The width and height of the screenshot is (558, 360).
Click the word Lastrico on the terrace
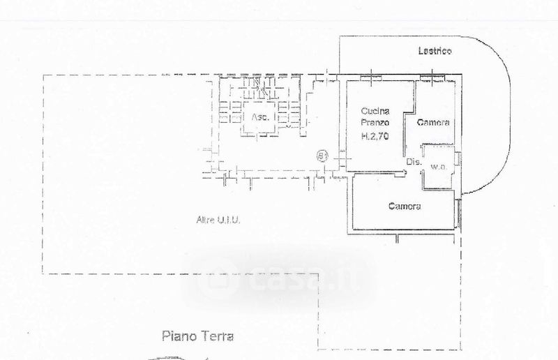coord(435,50)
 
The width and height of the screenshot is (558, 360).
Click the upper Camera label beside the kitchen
coord(433,123)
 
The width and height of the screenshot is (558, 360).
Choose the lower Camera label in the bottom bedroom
coord(405,207)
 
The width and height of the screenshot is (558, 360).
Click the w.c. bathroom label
coord(439,167)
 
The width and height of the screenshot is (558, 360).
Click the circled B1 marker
coord(322,154)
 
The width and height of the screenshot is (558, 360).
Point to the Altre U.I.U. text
coord(218,221)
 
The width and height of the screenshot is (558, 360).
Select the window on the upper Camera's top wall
coord(437,75)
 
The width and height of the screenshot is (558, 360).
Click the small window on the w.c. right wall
coord(457,159)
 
